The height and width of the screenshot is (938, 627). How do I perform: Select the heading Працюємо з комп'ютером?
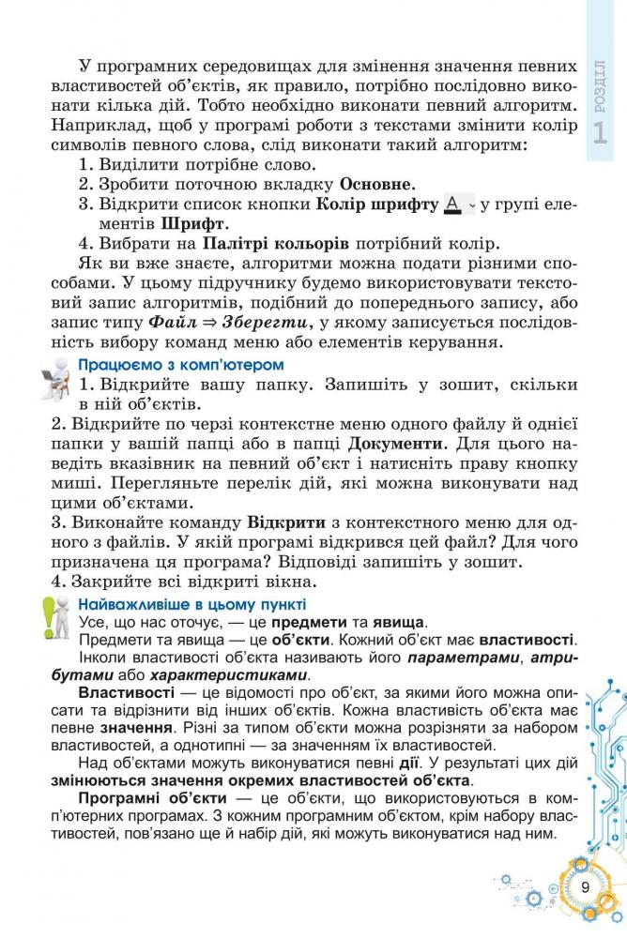pos(181,364)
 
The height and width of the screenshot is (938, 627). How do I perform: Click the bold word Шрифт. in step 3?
pos(194,225)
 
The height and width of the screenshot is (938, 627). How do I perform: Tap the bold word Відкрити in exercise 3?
pos(286,522)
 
